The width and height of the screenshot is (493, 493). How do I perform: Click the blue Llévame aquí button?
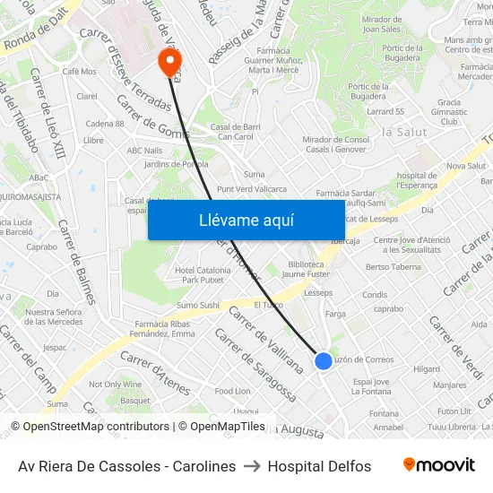(x=246, y=220)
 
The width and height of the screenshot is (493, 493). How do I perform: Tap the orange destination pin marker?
(x=169, y=60)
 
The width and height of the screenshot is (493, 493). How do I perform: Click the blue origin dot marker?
(x=323, y=360)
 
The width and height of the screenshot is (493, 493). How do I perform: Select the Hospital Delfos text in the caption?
(x=319, y=466)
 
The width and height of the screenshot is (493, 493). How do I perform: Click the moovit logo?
(x=439, y=465)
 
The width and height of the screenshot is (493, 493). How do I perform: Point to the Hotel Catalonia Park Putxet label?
(x=203, y=274)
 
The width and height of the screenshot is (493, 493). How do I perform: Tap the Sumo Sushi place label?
(x=197, y=305)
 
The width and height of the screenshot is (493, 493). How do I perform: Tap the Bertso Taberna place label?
(x=394, y=266)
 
